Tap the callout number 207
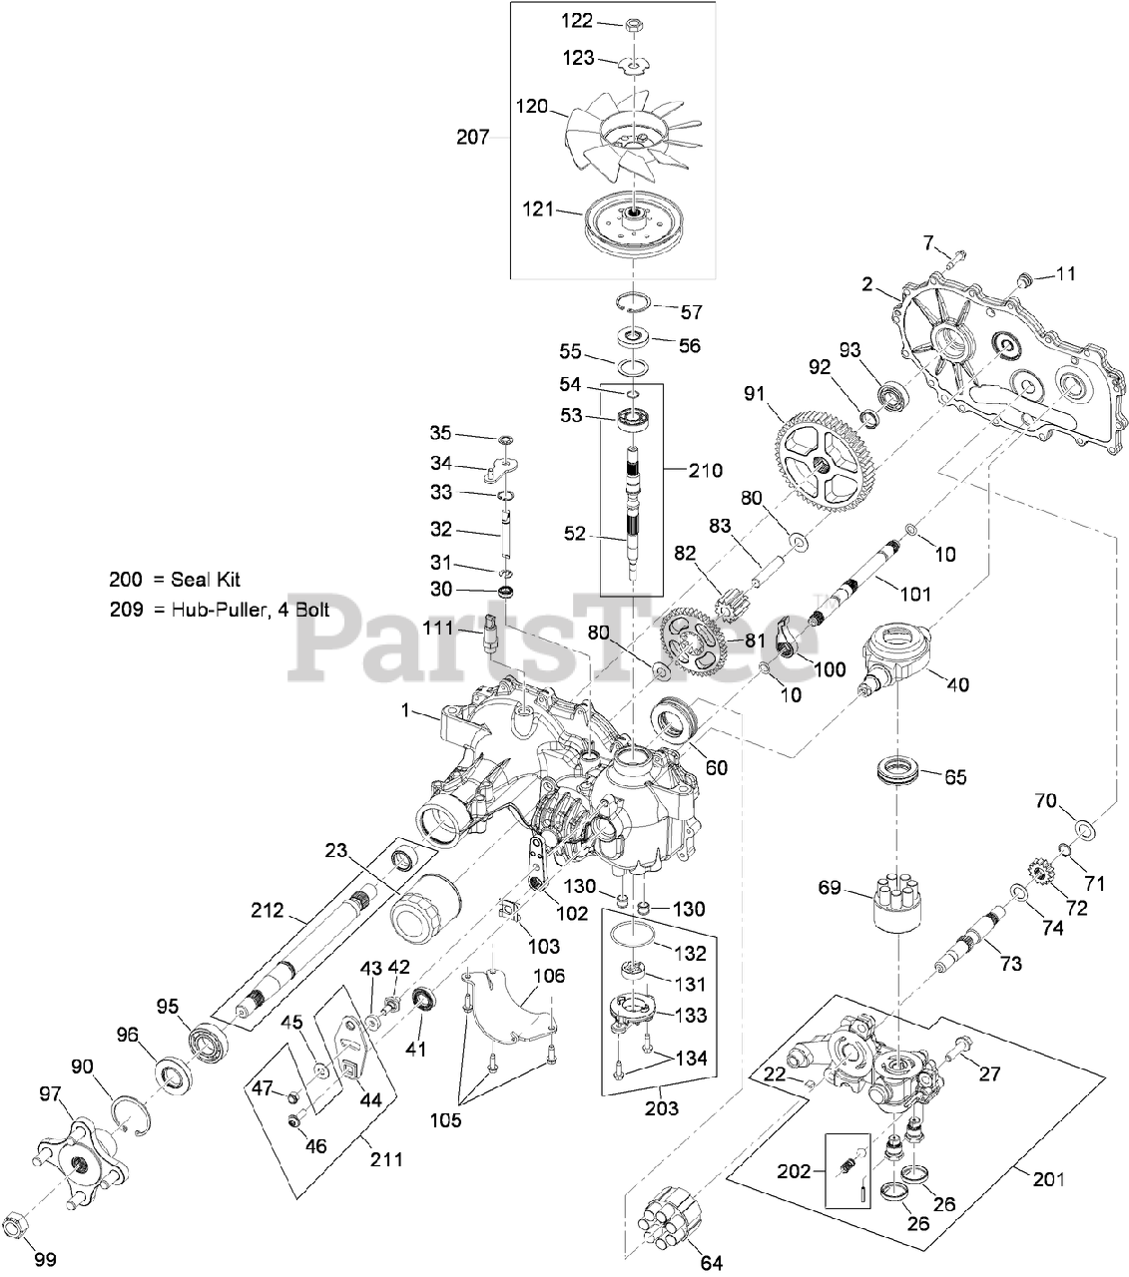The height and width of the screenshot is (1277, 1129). (472, 137)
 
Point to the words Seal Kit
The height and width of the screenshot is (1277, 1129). (206, 580)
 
